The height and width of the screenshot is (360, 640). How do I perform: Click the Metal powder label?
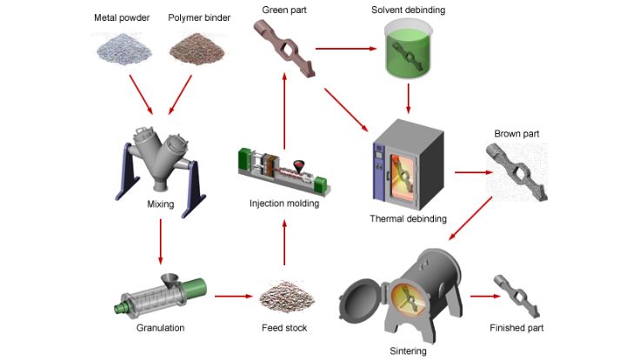(x=123, y=17)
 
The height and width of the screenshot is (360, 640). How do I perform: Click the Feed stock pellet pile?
(x=283, y=296)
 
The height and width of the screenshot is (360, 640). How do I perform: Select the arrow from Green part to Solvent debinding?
(x=339, y=49)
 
